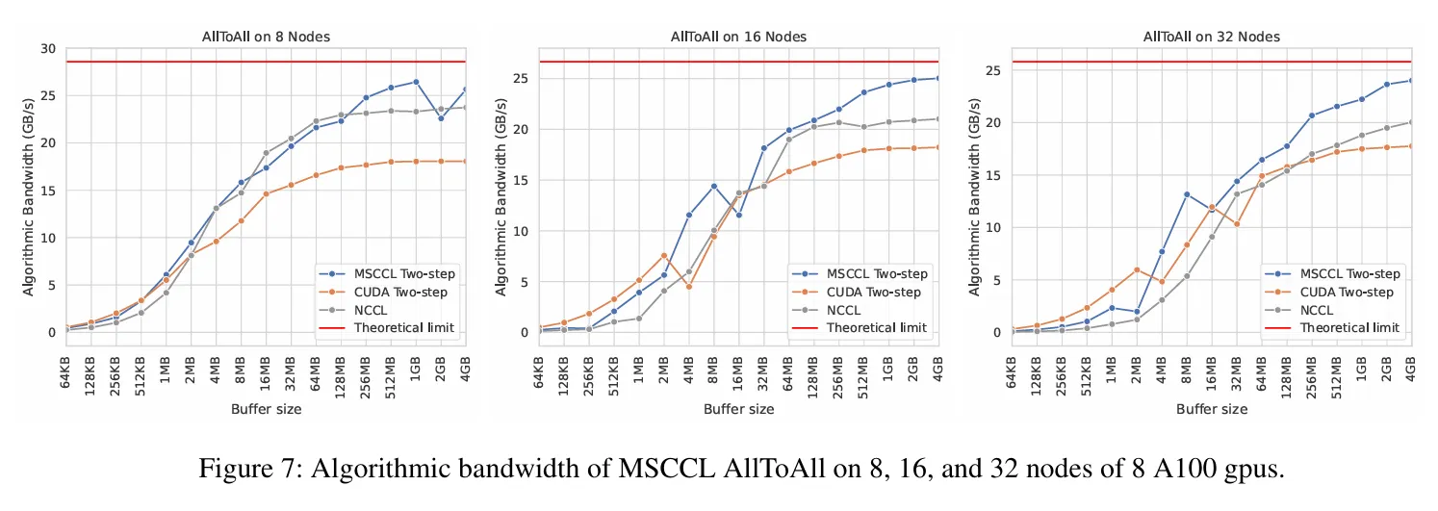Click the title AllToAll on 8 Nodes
[x=266, y=37]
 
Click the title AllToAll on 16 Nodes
[x=738, y=37]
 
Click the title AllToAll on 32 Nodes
[x=1211, y=37]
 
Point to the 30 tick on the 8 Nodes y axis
[x=47, y=49]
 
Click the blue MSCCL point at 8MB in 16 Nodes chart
[x=714, y=186]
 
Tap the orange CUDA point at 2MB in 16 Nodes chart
[x=664, y=255]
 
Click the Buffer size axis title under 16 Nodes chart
[x=738, y=409]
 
